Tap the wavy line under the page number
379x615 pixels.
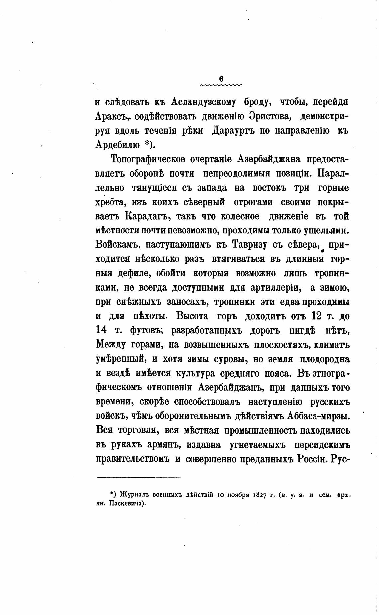221,85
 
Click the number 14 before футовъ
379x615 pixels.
101,330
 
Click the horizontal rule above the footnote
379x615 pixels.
139,478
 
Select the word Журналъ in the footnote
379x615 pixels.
134,495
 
